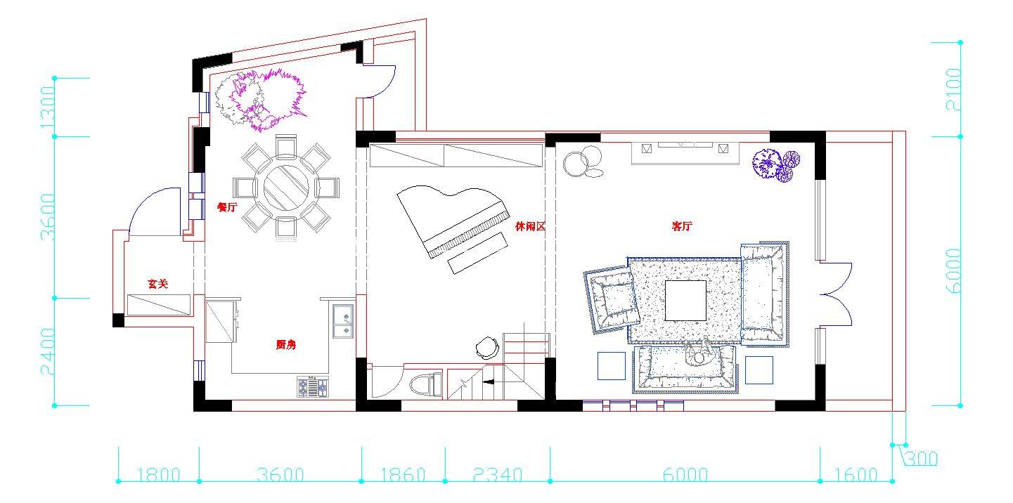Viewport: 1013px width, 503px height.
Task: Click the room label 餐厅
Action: tap(227, 207)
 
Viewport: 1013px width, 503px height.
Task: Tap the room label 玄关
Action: tap(158, 284)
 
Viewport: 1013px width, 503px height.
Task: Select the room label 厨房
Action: tap(286, 345)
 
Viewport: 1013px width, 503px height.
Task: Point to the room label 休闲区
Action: tap(530, 226)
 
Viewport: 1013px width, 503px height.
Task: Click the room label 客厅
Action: tap(682, 226)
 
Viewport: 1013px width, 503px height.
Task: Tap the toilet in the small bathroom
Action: tap(425, 384)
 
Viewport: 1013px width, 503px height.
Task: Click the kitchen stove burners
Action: tap(313, 388)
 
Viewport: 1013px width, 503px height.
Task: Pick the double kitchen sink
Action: tap(343, 321)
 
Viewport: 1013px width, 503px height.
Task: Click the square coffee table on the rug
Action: tap(685, 301)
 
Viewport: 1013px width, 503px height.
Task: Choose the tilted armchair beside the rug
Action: tap(612, 299)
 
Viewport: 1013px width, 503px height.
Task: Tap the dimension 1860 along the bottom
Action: tap(403, 474)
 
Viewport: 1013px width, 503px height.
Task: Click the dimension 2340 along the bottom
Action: tap(498, 474)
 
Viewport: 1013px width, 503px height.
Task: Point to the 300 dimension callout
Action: tap(922, 459)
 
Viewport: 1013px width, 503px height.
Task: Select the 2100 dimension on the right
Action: tap(953, 89)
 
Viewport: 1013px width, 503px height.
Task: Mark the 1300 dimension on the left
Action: tap(48, 107)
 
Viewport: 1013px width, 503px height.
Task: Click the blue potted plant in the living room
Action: tap(776, 165)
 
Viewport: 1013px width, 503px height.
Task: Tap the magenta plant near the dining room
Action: tap(268, 100)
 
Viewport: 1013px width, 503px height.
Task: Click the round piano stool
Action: tap(487, 347)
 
